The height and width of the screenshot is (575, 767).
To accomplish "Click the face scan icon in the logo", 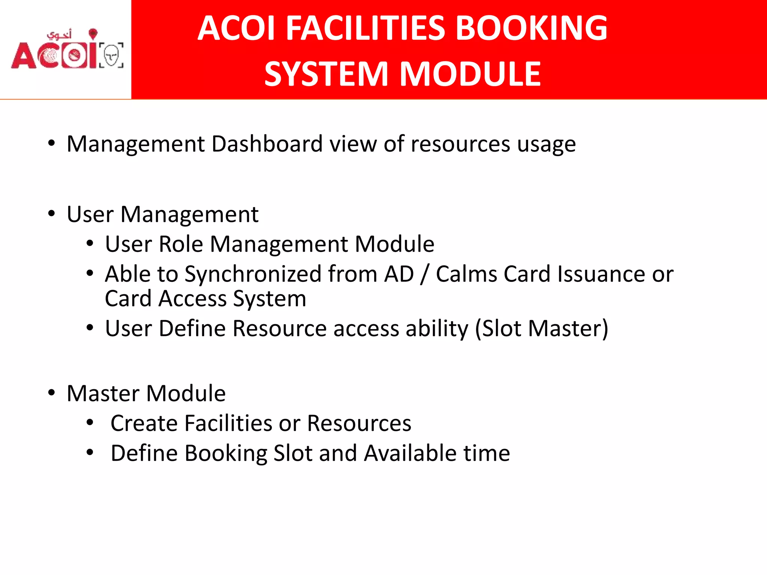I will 111,55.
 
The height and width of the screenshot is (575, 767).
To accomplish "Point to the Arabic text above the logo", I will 59,35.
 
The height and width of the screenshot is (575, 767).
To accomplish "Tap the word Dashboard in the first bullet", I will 267,144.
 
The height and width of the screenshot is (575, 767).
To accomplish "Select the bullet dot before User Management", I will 51,213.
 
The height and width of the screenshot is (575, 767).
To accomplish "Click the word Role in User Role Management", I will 181,244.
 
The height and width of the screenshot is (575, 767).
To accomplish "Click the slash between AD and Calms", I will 424,274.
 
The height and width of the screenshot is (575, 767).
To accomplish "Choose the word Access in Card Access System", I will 192,299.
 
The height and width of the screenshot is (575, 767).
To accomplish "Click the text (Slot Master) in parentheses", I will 542,329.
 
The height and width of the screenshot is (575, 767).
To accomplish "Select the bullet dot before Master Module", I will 51,393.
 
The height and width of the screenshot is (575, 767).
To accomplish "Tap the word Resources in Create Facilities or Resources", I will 359,423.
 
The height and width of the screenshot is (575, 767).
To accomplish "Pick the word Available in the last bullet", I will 410,453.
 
